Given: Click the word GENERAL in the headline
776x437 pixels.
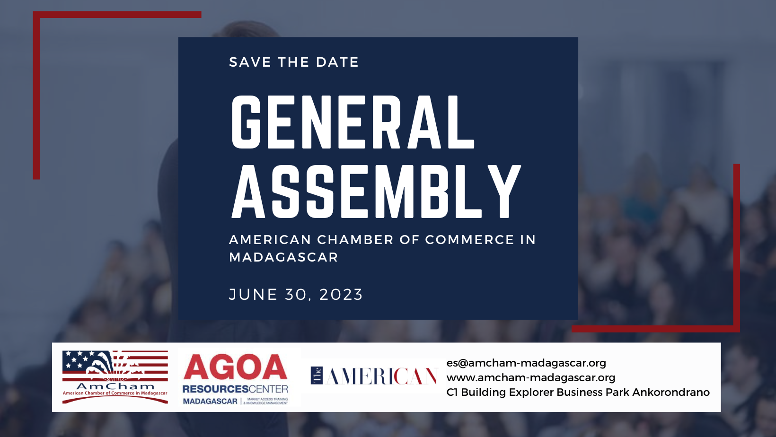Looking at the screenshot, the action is tap(353, 122).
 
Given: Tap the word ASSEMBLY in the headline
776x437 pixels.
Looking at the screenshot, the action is tap(376, 191).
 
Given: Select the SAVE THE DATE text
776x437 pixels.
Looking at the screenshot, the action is tap(294, 62).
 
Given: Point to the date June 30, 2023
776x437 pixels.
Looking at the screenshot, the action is tap(296, 295).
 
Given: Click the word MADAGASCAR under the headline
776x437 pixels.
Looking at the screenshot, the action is tap(283, 257).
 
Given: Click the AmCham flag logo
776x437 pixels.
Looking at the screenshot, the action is tap(115, 377).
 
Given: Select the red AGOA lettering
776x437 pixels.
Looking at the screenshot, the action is tap(235, 367).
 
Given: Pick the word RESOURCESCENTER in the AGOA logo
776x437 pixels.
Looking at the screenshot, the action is tap(235, 389).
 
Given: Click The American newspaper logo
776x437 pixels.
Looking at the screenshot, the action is tap(373, 376).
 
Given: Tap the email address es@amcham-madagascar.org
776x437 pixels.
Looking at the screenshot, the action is tap(526, 363).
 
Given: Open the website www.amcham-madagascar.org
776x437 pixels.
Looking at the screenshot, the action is tap(531, 377).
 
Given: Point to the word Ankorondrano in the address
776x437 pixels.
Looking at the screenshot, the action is tap(671, 393).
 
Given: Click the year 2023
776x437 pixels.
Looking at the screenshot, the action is tap(341, 295).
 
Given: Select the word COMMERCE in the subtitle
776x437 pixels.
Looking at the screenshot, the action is tap(470, 240).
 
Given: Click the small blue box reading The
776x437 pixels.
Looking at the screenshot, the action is tap(317, 376).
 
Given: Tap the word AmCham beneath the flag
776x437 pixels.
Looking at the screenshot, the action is tap(115, 386).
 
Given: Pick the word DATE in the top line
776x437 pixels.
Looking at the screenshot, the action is tap(337, 62).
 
